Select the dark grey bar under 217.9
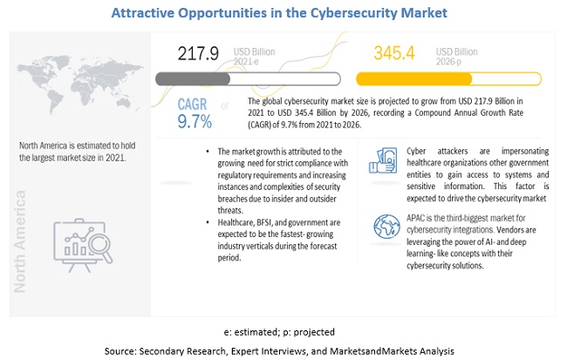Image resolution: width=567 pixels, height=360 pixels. [x=193, y=78]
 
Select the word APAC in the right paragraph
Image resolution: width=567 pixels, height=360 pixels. [x=394, y=218]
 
